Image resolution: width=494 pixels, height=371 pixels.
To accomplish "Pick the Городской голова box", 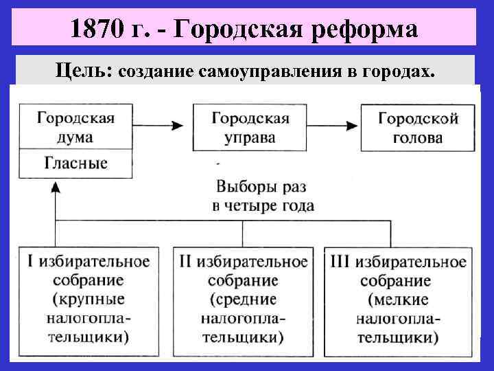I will click(x=418, y=127).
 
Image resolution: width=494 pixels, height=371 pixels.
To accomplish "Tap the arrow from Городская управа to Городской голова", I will click(x=333, y=126).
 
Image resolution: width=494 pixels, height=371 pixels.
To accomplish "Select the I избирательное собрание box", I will click(x=89, y=300).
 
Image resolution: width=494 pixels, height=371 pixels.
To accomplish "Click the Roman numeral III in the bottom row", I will click(x=340, y=262).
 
